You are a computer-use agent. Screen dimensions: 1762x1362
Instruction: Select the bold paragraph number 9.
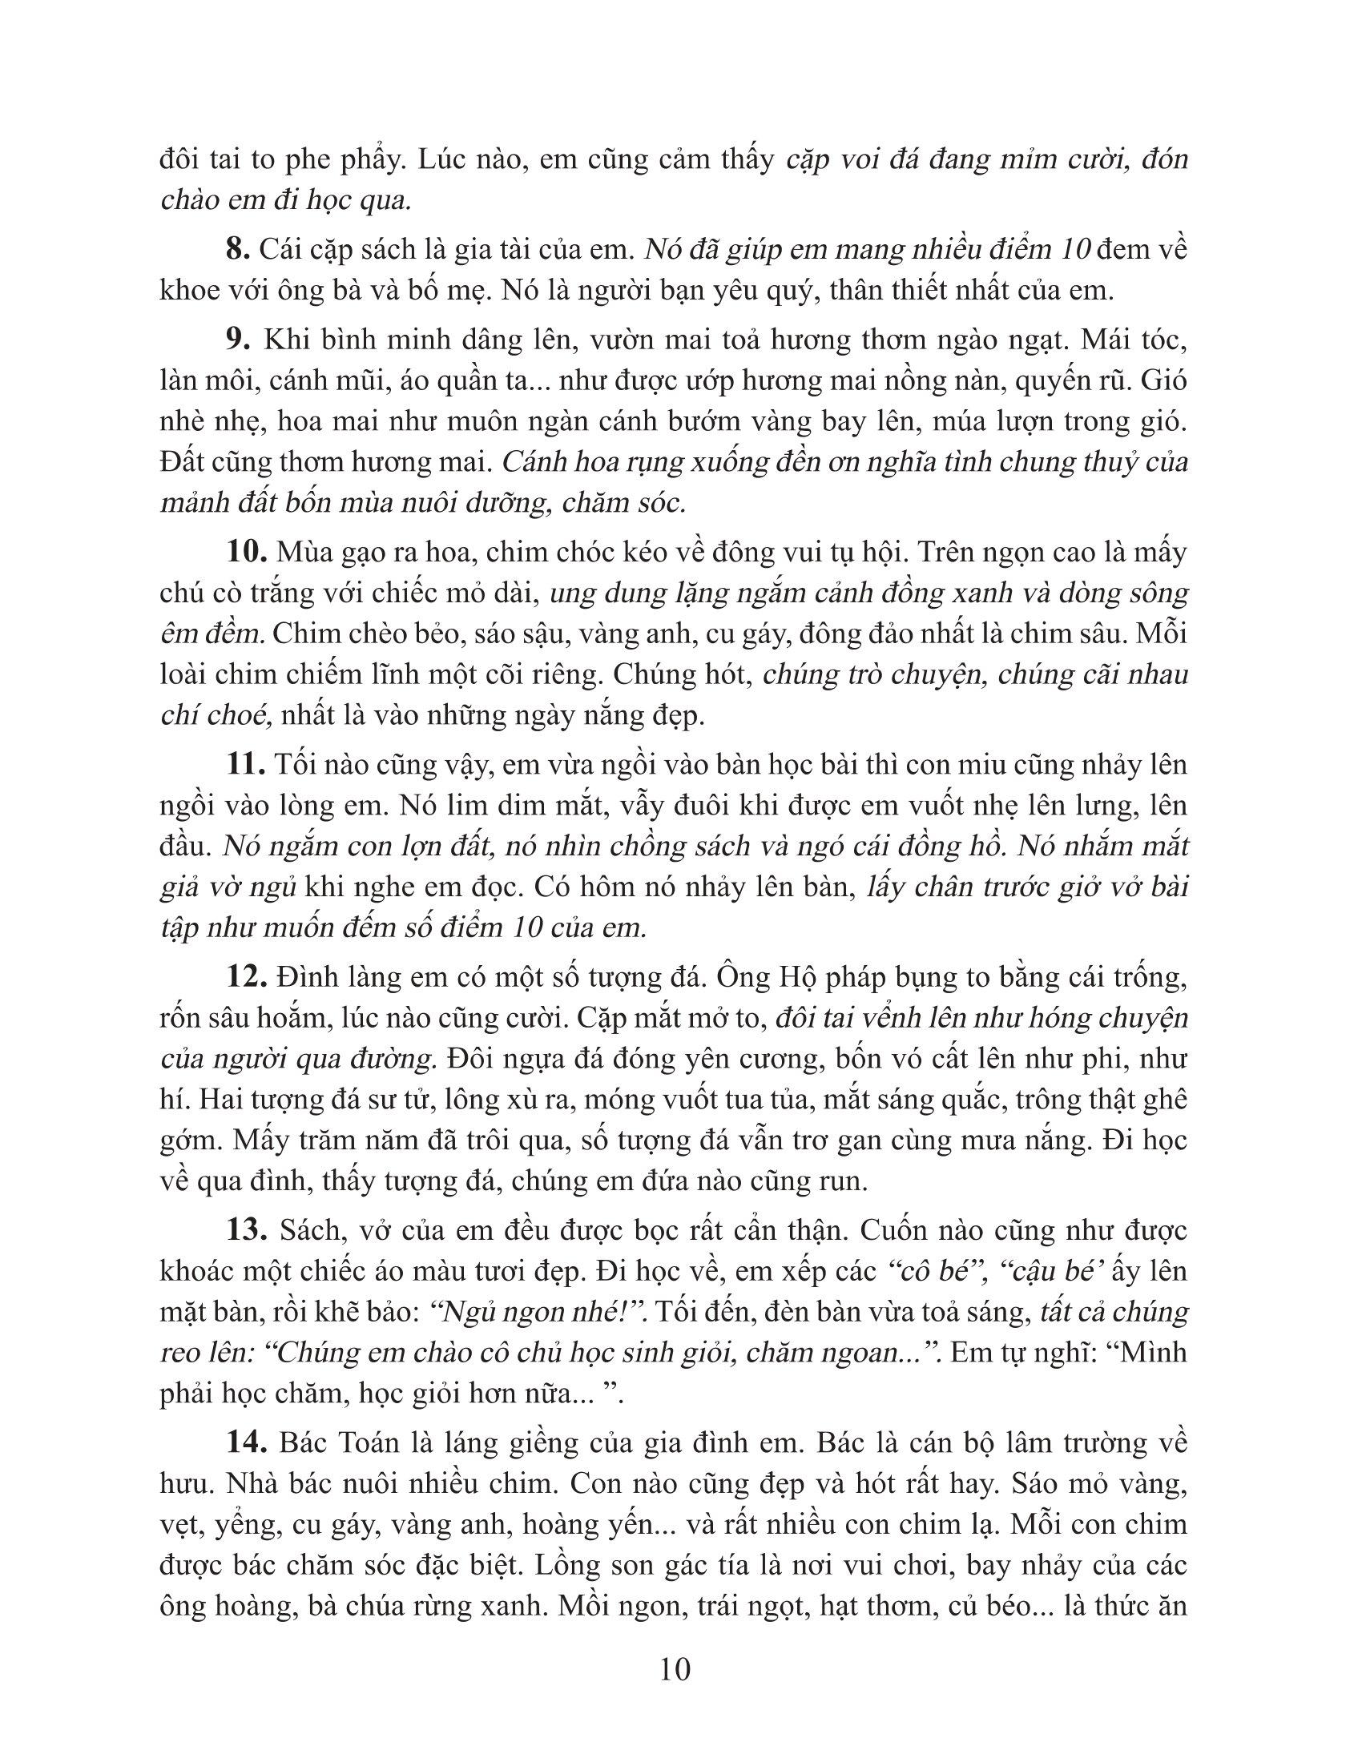coord(239,340)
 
